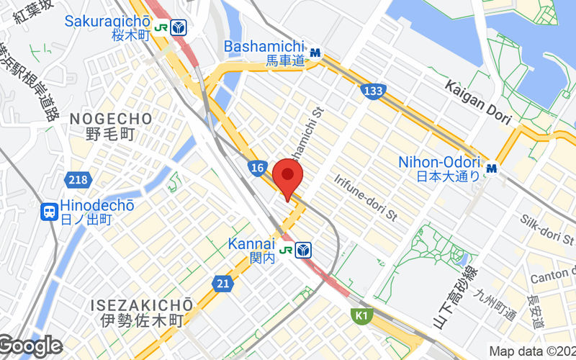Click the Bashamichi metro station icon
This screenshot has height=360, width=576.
coord(315,53)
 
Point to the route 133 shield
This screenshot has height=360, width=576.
coord(373,91)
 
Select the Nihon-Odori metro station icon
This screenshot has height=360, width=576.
coord(492,168)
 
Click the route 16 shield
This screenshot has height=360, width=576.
coord(258,168)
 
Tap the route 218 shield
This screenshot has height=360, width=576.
coord(76,179)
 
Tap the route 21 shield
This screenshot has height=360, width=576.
coord(223,284)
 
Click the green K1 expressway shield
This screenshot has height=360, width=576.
coord(361,315)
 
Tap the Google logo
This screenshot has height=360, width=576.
coord(31,346)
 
